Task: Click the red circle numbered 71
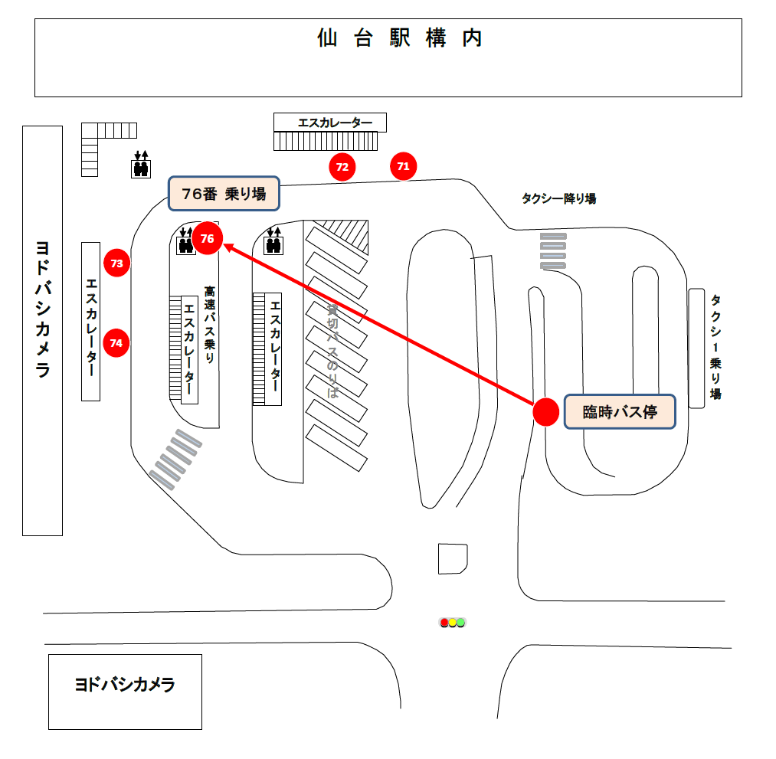(x=404, y=165)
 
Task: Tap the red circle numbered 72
(x=342, y=166)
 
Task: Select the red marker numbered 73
(x=117, y=263)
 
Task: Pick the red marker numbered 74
(x=116, y=343)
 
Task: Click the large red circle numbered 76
(x=207, y=238)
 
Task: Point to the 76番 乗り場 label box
(x=224, y=194)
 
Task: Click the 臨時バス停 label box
(x=620, y=412)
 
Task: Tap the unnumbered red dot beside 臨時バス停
(x=545, y=412)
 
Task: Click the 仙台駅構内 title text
(x=400, y=38)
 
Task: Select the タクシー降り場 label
(x=558, y=198)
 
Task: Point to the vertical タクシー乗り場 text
(x=715, y=347)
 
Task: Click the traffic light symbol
(x=452, y=623)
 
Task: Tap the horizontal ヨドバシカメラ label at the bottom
(x=125, y=685)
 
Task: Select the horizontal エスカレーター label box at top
(x=330, y=123)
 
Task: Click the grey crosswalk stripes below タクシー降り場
(x=553, y=250)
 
